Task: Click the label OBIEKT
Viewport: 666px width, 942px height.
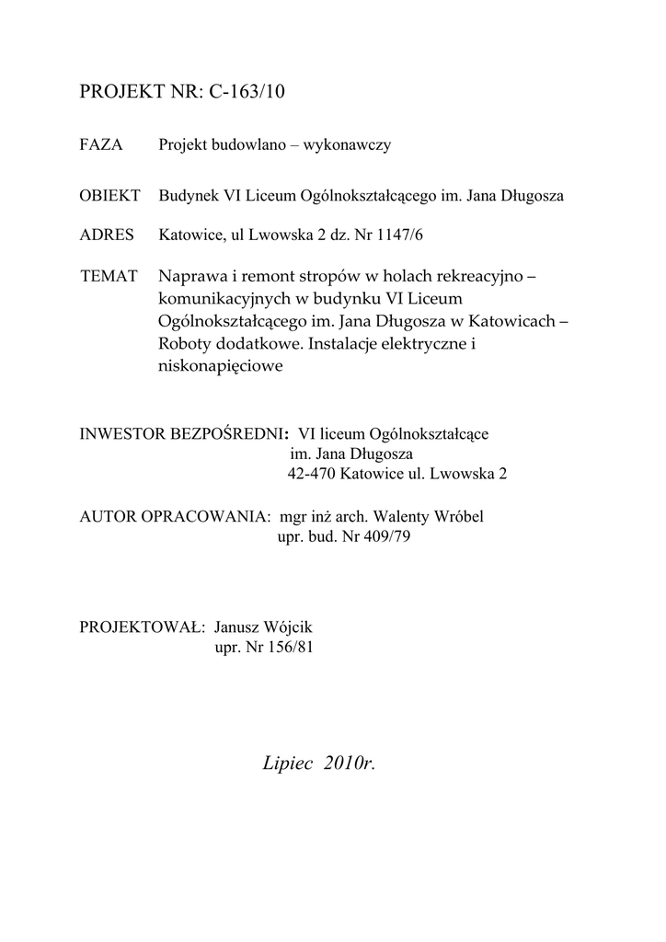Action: [110, 196]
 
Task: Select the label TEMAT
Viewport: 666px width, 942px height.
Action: [109, 277]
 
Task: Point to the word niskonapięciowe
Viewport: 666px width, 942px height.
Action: [218, 366]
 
